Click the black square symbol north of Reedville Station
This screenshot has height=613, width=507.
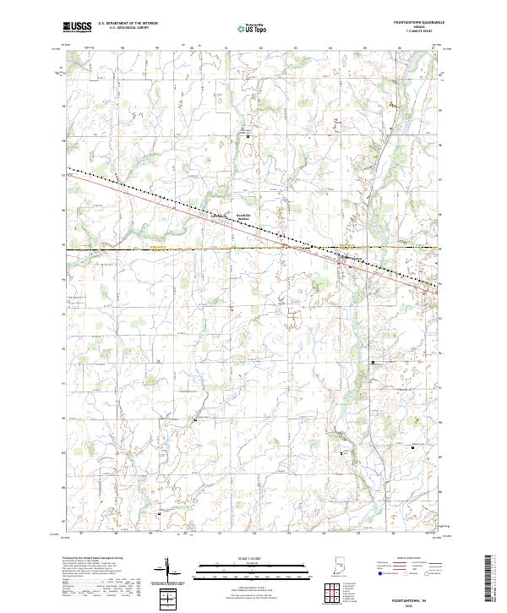click(248, 137)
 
